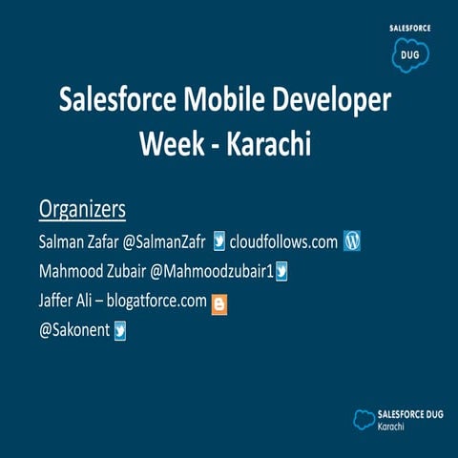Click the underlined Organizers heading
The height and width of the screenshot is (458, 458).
coord(82,208)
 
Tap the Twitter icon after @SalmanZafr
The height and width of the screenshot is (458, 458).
coord(219,241)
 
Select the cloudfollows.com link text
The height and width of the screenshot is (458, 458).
coord(284,241)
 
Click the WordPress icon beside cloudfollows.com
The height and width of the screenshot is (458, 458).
coord(352,241)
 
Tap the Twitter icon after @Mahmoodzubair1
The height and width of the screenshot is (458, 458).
coord(281,272)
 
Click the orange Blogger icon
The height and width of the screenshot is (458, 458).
coord(219,303)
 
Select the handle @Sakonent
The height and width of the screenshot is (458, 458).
coord(73,331)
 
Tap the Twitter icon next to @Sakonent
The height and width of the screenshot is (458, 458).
coord(120,331)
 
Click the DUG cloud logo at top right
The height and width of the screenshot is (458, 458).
coord(410,54)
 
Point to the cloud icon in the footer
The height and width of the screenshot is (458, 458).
coord(364,417)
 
